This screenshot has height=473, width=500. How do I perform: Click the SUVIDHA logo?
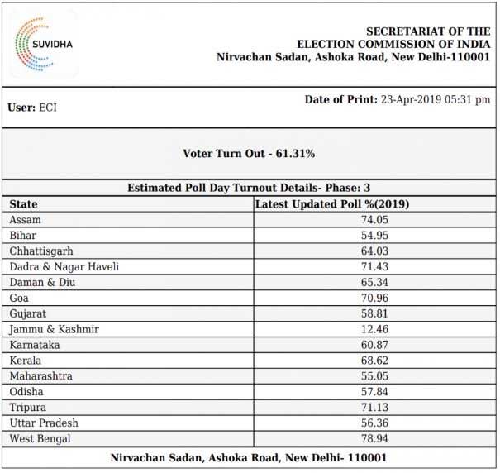[x=43, y=43]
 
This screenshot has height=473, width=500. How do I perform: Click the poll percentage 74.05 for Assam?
[x=374, y=220]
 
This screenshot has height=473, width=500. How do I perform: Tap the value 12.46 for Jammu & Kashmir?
[x=374, y=329]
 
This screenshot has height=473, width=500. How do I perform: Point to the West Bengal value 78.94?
[x=374, y=438]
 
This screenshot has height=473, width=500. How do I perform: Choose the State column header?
[x=24, y=204]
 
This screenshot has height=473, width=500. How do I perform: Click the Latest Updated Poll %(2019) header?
[x=332, y=204]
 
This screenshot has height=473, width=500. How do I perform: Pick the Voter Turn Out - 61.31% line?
[x=249, y=154]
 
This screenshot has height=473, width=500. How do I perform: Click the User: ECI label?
[x=32, y=107]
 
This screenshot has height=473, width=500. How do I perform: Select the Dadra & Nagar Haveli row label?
[x=64, y=266]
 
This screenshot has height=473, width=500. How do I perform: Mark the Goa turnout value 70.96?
[x=374, y=298]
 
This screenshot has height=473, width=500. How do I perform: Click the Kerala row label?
[x=26, y=361]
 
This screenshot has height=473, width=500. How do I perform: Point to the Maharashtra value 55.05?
[x=374, y=376]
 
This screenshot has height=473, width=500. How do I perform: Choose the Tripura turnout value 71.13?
[x=374, y=407]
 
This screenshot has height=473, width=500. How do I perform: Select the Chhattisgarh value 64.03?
[x=374, y=251]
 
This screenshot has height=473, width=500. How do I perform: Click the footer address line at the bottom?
[x=249, y=457]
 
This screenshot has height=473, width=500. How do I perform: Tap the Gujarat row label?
[x=27, y=313]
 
